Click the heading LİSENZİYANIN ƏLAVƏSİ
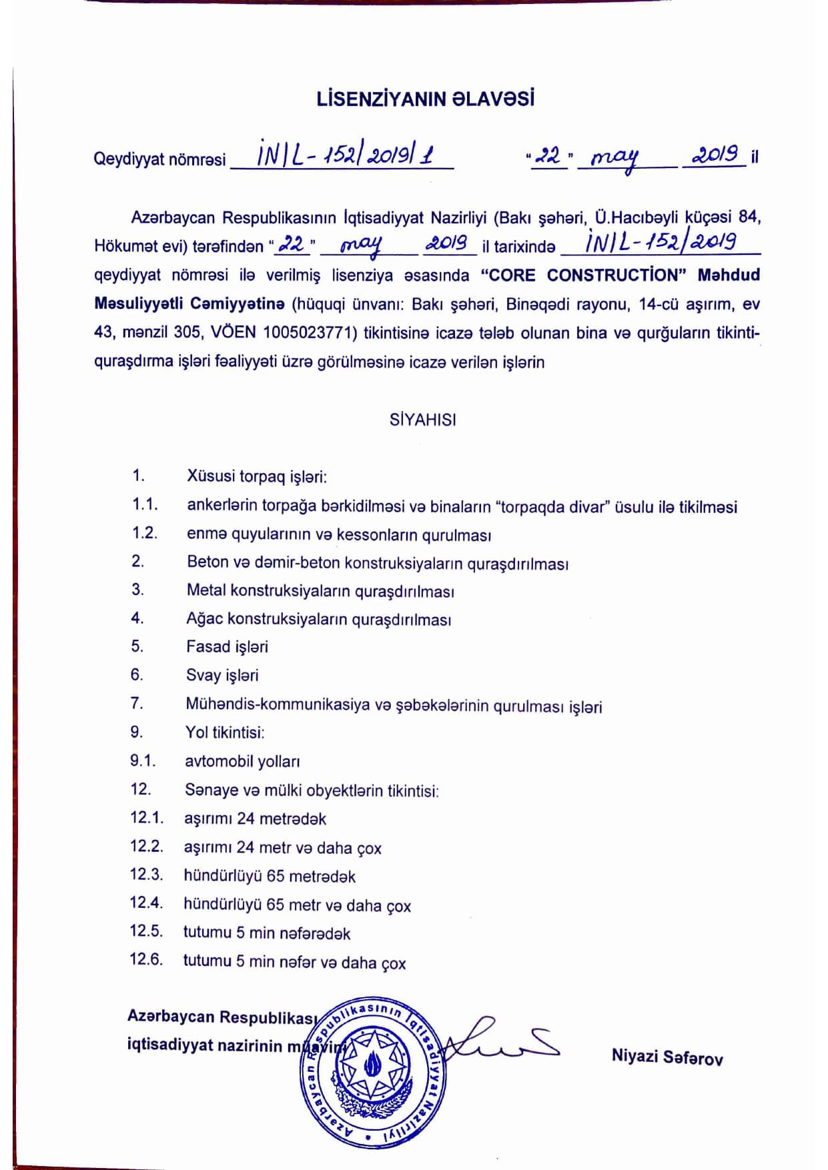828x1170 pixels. tap(425, 99)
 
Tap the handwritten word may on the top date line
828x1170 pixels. tap(614, 157)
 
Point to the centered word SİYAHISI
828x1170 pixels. tap(423, 420)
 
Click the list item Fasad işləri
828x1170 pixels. tap(227, 646)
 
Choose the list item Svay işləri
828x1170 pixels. tap(222, 675)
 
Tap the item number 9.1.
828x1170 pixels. tap(143, 760)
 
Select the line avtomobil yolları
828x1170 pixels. tap(242, 761)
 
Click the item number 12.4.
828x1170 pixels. tap(146, 903)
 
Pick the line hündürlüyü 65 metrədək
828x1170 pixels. tap(270, 876)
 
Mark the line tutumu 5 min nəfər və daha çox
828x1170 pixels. tap(294, 962)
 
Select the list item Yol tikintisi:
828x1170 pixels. tap(225, 732)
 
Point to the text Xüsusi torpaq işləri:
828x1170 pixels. tap(256, 476)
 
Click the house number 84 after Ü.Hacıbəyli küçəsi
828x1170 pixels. tap(749, 217)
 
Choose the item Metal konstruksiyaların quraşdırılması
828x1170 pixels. tap(320, 590)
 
